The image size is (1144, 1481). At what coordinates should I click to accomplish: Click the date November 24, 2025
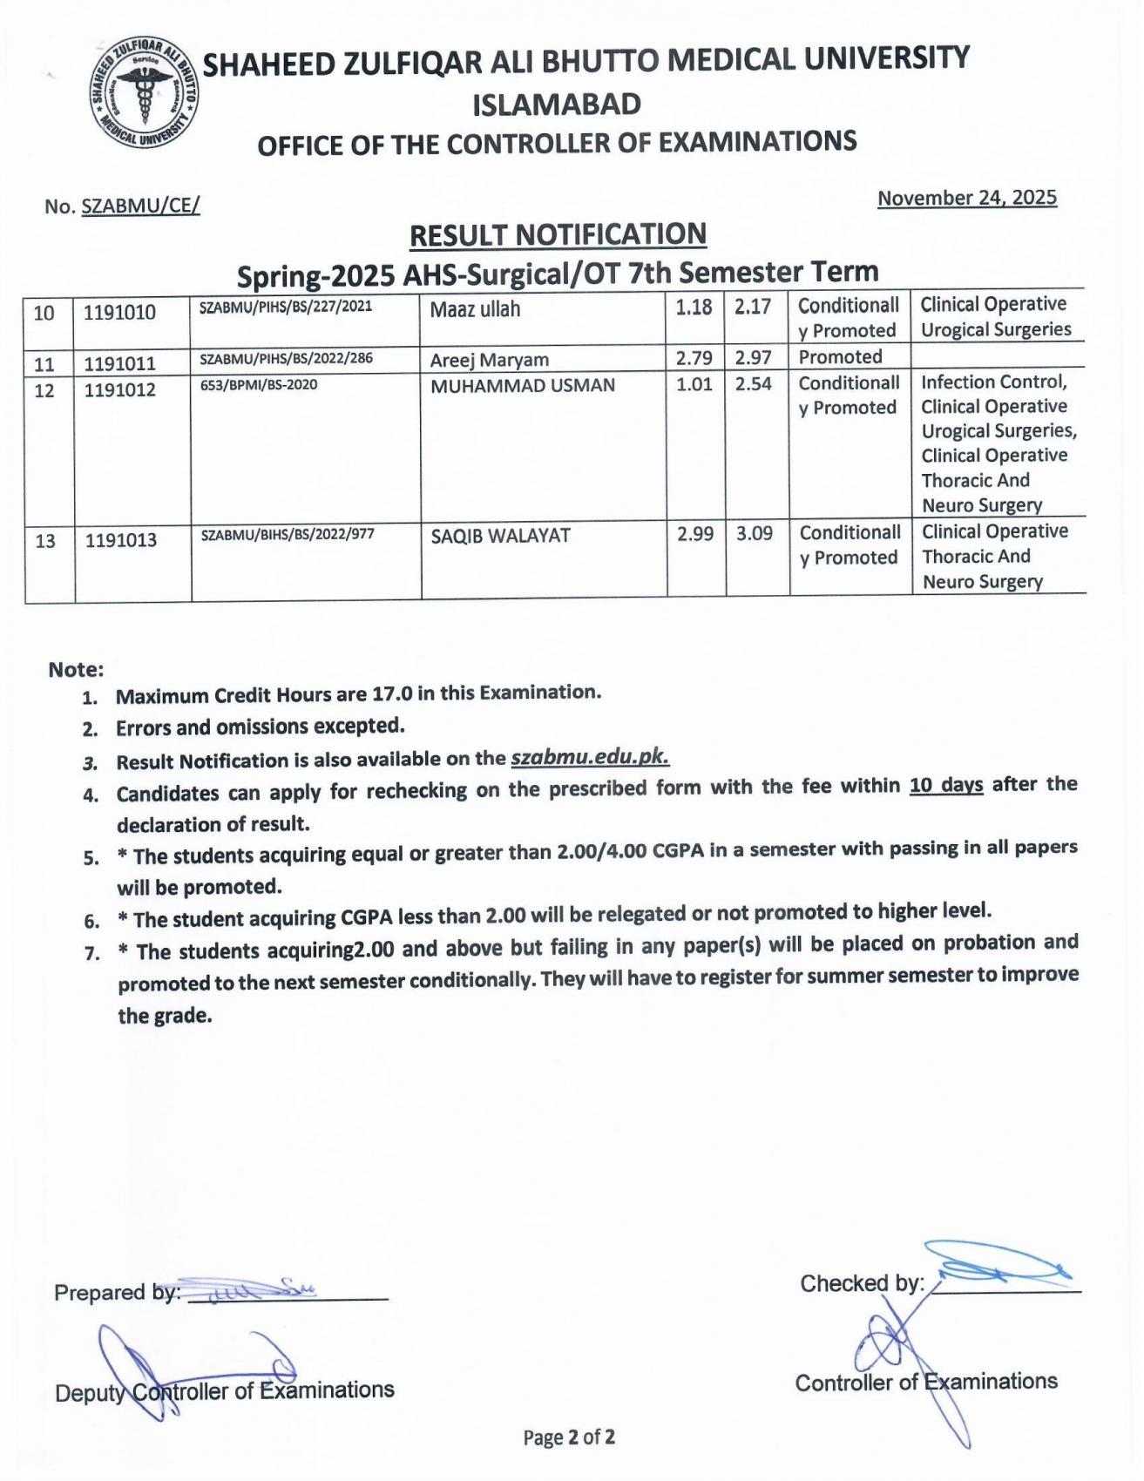click(966, 198)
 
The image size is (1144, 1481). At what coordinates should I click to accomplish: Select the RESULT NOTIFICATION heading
click(558, 234)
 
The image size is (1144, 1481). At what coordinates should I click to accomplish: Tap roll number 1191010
click(120, 312)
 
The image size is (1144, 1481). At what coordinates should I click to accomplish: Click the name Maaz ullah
click(475, 309)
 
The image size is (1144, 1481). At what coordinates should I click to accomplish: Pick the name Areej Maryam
click(489, 360)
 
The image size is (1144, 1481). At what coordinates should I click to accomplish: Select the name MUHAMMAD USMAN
click(522, 385)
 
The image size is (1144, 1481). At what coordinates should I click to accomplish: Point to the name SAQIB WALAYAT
click(500, 536)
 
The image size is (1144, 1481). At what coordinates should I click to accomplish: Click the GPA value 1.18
click(694, 307)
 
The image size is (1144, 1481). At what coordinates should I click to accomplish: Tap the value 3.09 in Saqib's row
click(754, 533)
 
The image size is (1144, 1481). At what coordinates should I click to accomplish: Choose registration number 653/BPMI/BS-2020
click(259, 385)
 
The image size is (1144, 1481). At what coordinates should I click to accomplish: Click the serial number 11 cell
click(44, 363)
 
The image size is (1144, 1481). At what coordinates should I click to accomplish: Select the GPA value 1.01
click(694, 384)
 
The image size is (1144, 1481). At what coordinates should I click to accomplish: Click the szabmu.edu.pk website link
click(590, 756)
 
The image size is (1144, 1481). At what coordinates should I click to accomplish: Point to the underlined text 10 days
click(946, 785)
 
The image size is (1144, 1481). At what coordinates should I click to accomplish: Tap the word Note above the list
click(76, 669)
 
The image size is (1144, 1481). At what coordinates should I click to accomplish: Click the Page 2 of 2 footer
click(569, 1437)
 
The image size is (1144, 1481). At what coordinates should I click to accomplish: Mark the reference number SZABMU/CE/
click(140, 206)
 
